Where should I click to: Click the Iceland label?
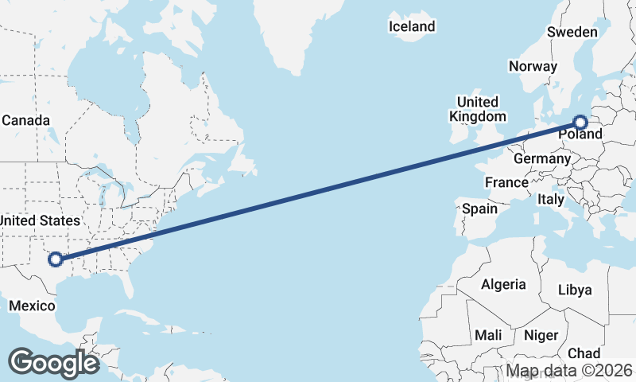pyautogui.click(x=412, y=26)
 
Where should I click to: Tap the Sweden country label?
pyautogui.click(x=572, y=32)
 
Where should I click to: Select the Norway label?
pyautogui.click(x=533, y=66)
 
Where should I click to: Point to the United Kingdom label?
pyautogui.click(x=477, y=109)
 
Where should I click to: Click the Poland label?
pyautogui.click(x=580, y=134)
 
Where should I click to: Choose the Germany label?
pyautogui.click(x=541, y=158)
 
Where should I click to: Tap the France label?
pyautogui.click(x=506, y=182)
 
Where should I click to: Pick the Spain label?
pyautogui.click(x=479, y=209)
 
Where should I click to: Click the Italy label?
pyautogui.click(x=551, y=199)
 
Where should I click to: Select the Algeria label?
pyautogui.click(x=503, y=284)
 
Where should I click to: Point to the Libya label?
pyautogui.click(x=575, y=290)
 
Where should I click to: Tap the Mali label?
pyautogui.click(x=487, y=335)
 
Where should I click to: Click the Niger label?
pyautogui.click(x=540, y=335)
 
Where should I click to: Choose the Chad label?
pyautogui.click(x=584, y=353)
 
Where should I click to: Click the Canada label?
pyautogui.click(x=26, y=120)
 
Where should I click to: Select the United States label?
pyautogui.click(x=40, y=220)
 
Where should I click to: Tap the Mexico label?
pyautogui.click(x=32, y=306)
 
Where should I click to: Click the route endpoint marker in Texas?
pyautogui.click(x=56, y=259)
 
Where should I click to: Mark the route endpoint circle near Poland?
pyautogui.click(x=580, y=123)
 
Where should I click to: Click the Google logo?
pyautogui.click(x=53, y=363)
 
